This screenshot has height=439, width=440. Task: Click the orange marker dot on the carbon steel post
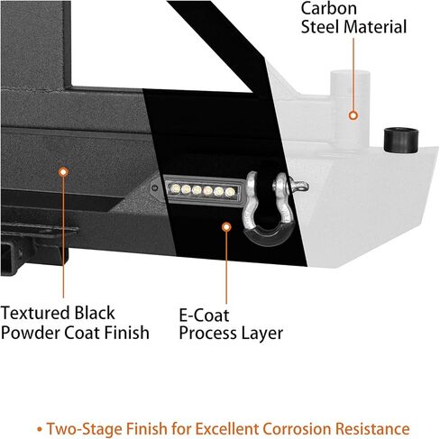(x=353, y=115)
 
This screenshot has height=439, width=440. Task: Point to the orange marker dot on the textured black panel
(x=63, y=172)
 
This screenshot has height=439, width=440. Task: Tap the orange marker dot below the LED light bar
(x=226, y=227)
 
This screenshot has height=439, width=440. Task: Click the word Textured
(x=36, y=313)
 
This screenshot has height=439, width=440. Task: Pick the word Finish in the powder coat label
(x=126, y=333)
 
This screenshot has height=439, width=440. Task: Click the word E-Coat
(x=204, y=316)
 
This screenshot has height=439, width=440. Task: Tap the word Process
(x=207, y=334)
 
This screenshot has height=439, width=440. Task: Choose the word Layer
(x=261, y=334)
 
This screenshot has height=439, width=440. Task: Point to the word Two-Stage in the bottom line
(x=84, y=429)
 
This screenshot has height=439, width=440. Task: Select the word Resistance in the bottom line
(x=372, y=428)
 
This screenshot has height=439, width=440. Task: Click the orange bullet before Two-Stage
(x=40, y=429)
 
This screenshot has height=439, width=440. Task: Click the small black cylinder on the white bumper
(x=401, y=141)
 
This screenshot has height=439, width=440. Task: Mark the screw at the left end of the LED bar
(x=155, y=188)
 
